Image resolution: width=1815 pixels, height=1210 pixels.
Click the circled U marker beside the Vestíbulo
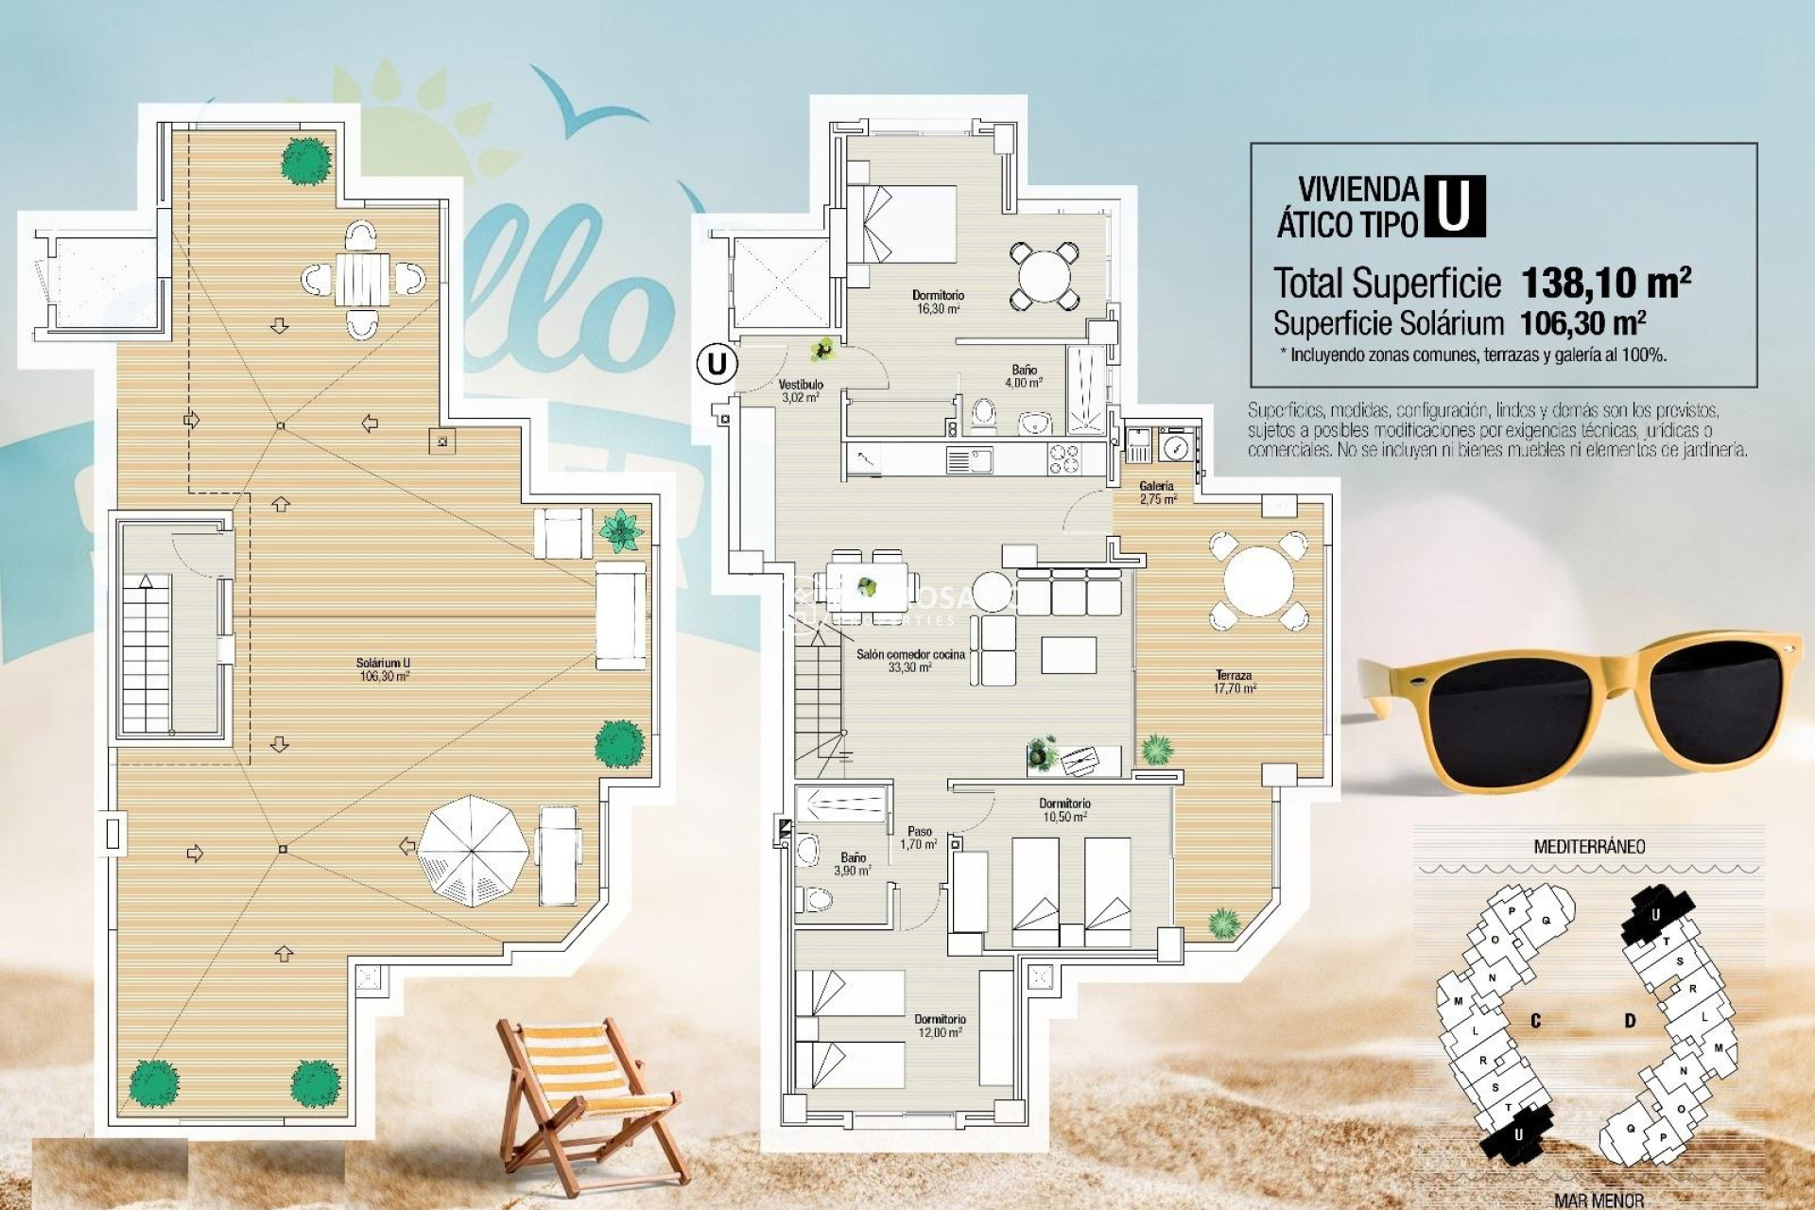[x=717, y=363]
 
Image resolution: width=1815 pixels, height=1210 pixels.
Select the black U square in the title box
[x=1454, y=206]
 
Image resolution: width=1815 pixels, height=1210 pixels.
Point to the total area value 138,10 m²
[x=1605, y=282]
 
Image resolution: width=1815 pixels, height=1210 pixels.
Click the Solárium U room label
[x=384, y=669]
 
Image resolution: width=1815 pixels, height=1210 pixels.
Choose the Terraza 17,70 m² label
[x=1235, y=682]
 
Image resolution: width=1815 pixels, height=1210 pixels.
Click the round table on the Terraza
[x=1258, y=581]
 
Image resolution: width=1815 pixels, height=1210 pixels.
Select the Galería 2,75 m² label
[x=1157, y=493]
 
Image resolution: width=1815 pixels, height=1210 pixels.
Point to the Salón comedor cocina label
[x=910, y=660]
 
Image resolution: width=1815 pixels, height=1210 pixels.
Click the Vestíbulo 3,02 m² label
[x=801, y=390]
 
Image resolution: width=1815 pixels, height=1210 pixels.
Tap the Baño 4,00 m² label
[x=1024, y=376]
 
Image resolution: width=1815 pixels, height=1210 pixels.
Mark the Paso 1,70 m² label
[x=919, y=838]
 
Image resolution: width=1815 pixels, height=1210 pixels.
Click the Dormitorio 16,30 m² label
[x=938, y=302]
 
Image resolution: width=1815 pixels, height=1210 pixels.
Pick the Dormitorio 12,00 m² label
[x=940, y=1026]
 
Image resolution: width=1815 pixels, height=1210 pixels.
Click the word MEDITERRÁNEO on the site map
[x=1588, y=847]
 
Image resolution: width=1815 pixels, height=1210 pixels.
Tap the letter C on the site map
[x=1535, y=1021]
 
